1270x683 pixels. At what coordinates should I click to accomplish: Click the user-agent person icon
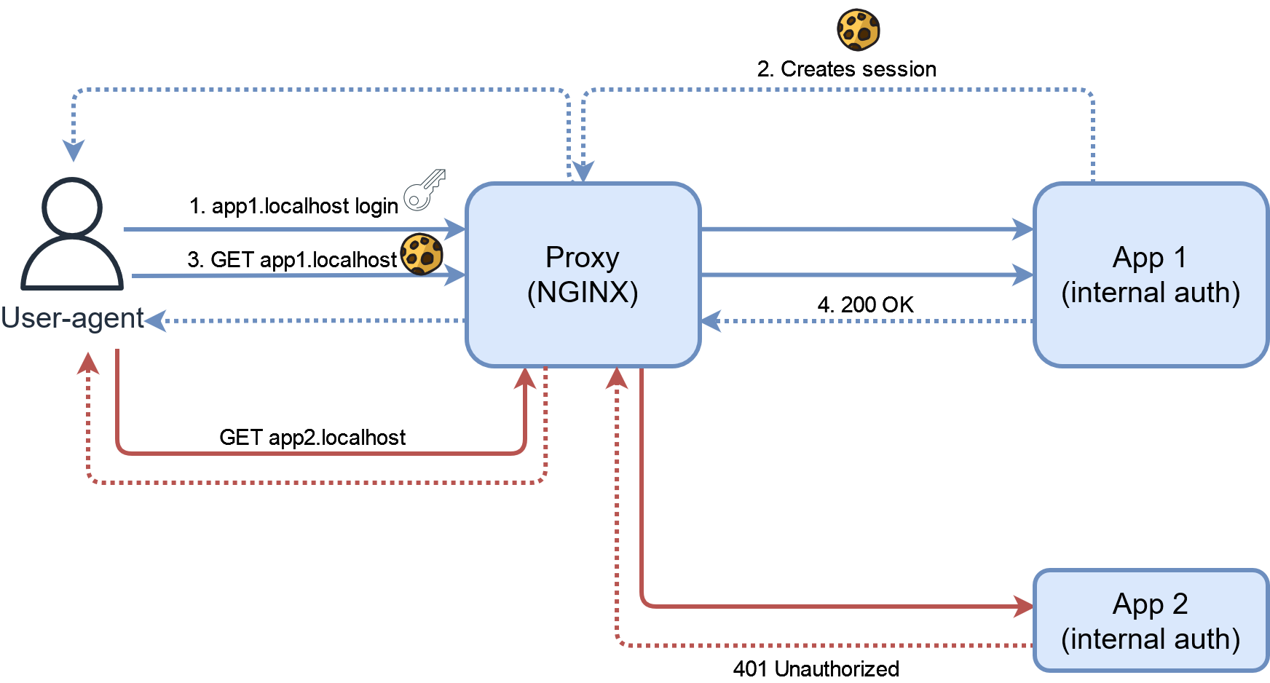click(x=72, y=233)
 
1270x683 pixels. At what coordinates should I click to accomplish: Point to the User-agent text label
click(x=72, y=318)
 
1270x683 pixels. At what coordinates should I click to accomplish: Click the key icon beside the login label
click(x=425, y=190)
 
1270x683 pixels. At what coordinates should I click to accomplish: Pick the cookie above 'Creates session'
click(x=859, y=30)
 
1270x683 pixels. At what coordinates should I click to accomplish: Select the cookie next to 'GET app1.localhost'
click(x=422, y=254)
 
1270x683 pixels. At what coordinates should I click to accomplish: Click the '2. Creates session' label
click(x=847, y=69)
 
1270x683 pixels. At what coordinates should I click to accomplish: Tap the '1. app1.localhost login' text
click(x=293, y=206)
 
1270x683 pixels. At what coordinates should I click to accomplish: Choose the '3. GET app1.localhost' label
click(x=292, y=260)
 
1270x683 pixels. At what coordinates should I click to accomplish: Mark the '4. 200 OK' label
click(x=865, y=304)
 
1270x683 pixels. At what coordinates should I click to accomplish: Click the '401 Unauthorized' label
click(x=816, y=668)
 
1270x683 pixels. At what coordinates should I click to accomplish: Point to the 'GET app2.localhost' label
click(x=312, y=437)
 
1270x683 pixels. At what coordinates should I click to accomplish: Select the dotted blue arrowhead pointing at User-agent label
click(x=156, y=320)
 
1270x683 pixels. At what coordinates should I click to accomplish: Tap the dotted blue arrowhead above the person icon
click(x=73, y=151)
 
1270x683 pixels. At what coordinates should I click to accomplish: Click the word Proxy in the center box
click(x=582, y=258)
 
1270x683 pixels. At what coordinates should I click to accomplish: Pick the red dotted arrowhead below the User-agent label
click(x=88, y=362)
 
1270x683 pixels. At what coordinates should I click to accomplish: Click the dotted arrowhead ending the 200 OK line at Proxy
click(x=711, y=320)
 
